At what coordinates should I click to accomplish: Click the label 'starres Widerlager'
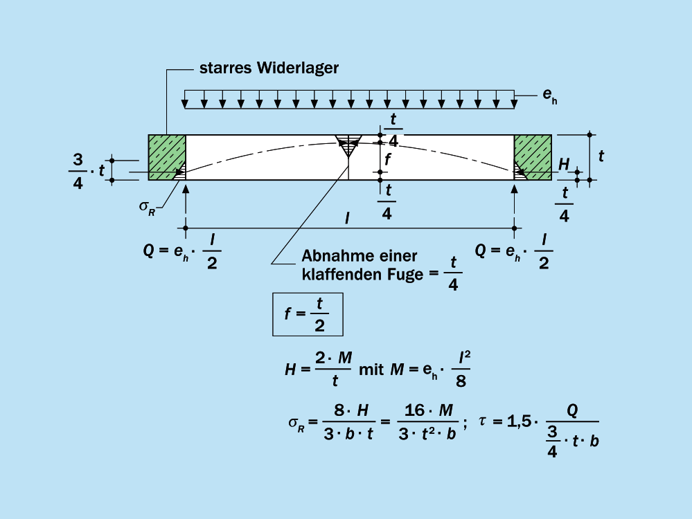(269, 68)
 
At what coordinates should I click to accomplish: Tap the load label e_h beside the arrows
(550, 95)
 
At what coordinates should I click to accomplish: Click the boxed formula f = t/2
(308, 315)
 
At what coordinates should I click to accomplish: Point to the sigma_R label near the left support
(147, 206)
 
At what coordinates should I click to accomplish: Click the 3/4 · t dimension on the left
(87, 170)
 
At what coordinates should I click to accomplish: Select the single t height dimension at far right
(601, 156)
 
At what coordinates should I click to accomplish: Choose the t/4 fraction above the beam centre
(393, 129)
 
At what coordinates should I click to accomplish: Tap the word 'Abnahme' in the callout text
(330, 256)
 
